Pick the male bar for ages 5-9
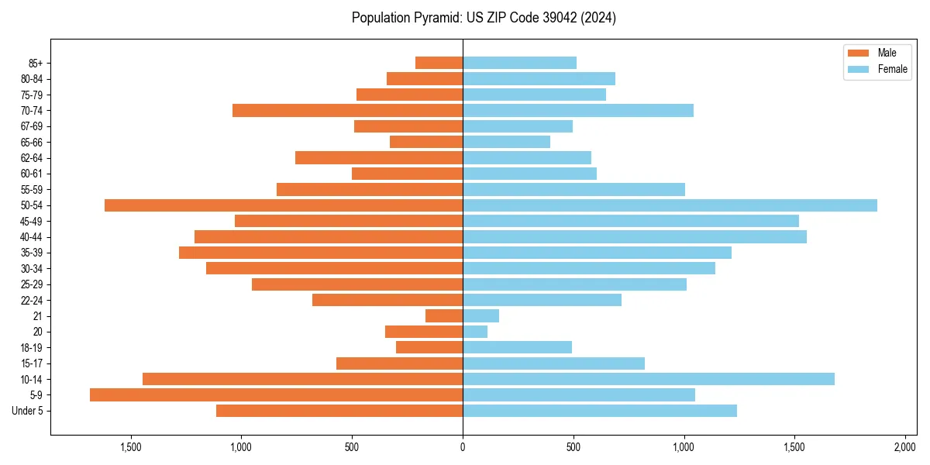click(276, 395)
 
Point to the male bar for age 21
click(444, 316)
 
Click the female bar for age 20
click(475, 332)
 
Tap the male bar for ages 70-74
click(347, 111)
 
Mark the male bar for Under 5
click(339, 411)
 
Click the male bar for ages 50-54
click(284, 205)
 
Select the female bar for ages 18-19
click(517, 347)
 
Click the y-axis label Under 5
click(28, 411)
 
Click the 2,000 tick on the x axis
click(905, 448)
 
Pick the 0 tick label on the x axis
click(463, 448)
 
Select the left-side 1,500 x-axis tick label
click(131, 448)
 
